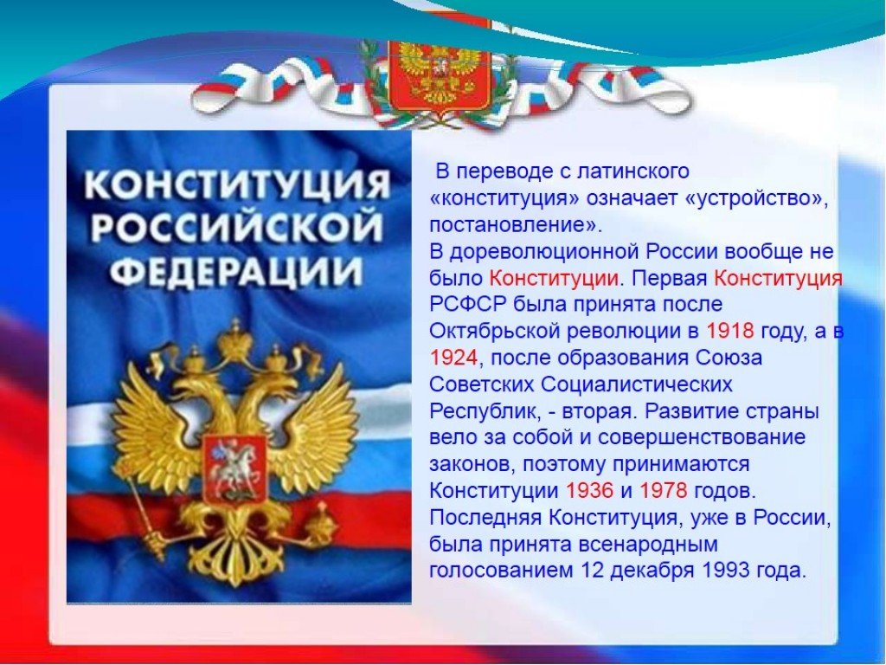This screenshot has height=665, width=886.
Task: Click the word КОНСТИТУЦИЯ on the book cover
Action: [x=238, y=185]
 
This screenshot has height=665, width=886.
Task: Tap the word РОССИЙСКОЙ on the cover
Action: [x=237, y=228]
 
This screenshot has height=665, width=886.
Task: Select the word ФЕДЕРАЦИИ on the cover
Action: [x=235, y=271]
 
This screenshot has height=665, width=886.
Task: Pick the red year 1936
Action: [x=589, y=490]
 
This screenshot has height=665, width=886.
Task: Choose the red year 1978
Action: [x=664, y=490]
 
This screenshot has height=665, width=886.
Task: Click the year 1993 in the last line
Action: [x=727, y=570]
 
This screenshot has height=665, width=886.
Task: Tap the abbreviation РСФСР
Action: [x=468, y=304]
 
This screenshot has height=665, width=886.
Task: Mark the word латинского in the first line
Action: [x=632, y=171]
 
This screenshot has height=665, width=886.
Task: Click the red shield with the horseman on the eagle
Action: [x=234, y=468]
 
